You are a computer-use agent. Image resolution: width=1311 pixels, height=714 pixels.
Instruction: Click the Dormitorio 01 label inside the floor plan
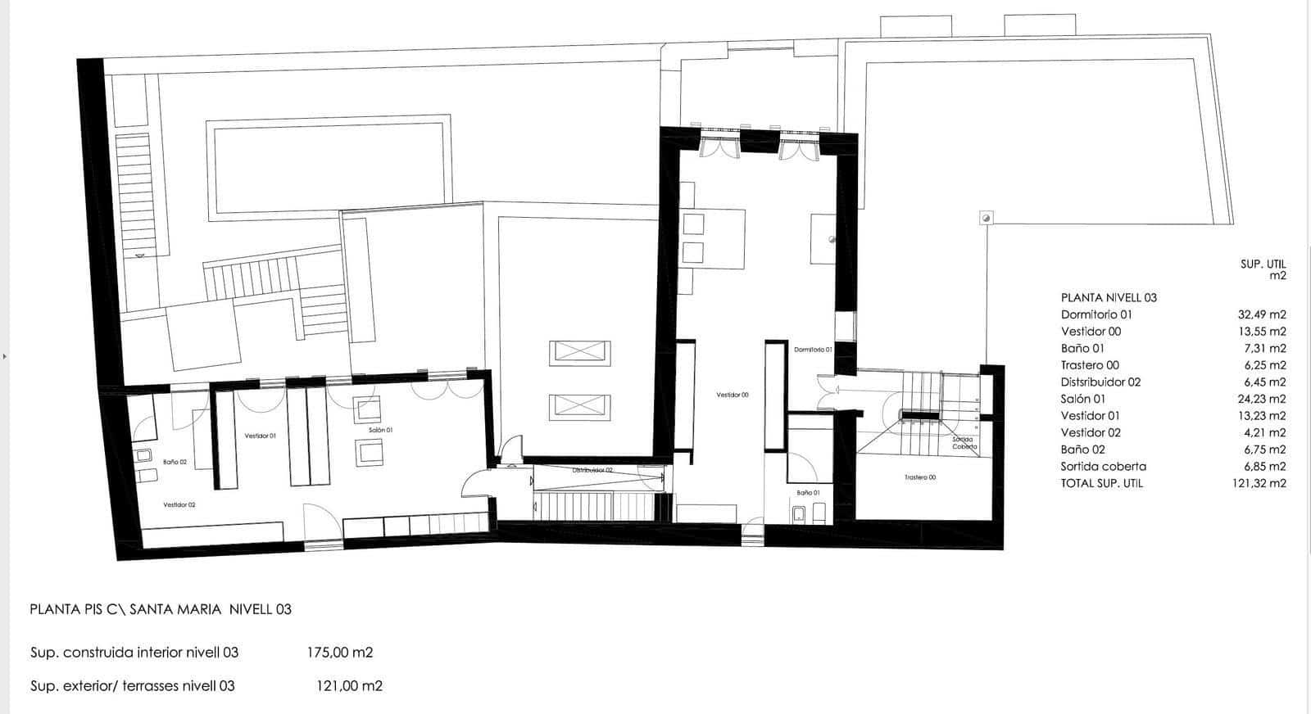point(812,350)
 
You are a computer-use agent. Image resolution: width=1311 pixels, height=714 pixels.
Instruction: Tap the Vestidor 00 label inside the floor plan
point(733,395)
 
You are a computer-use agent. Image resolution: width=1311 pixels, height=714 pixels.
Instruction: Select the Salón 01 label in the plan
point(380,430)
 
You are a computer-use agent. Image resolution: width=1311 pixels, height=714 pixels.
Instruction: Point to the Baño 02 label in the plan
point(175,462)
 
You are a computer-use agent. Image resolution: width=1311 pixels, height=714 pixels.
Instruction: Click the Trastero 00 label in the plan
point(920,477)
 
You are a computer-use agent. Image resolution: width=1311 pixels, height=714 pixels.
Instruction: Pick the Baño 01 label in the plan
point(808,493)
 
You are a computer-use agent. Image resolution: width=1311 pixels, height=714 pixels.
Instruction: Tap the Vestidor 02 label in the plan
point(179,505)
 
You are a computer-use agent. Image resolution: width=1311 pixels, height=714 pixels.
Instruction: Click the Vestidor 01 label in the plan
point(260,436)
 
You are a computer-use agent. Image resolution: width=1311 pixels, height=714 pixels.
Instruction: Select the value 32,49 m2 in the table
point(1261,314)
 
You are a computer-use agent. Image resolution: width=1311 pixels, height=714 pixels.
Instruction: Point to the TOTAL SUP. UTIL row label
point(1101,483)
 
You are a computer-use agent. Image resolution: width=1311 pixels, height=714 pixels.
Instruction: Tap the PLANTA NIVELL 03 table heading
point(1109,298)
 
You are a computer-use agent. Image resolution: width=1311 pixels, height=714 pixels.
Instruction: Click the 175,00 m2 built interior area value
point(338,653)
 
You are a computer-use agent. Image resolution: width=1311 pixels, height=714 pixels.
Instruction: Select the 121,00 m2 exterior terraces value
point(349,686)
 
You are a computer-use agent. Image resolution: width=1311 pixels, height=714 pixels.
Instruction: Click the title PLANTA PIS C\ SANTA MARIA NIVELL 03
point(160,609)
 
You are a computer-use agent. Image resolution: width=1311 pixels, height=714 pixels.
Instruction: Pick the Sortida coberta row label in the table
point(1103,467)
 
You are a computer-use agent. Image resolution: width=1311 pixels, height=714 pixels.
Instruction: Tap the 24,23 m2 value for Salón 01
point(1261,399)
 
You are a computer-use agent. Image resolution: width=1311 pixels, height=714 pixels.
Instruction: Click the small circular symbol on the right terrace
point(987,218)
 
